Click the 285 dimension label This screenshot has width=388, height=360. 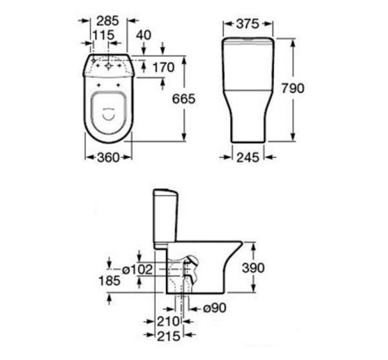[x=107, y=21]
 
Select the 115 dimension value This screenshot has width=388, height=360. [x=103, y=35]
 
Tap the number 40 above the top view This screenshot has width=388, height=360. [x=144, y=35]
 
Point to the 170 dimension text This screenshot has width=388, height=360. [x=164, y=67]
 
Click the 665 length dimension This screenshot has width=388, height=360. [x=184, y=99]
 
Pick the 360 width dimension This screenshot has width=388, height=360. [x=109, y=157]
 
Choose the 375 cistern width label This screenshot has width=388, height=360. [x=248, y=24]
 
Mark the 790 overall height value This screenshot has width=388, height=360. [x=293, y=89]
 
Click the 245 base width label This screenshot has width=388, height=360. [x=248, y=157]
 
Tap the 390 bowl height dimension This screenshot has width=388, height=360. [x=253, y=268]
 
